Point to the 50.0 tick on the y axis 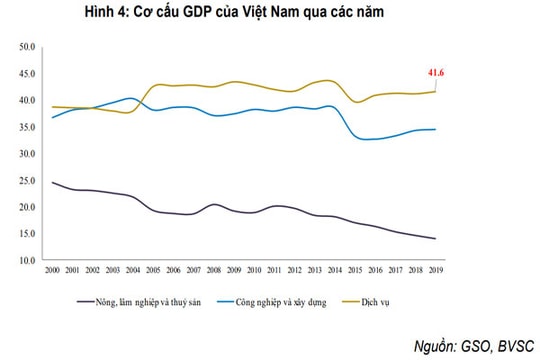pyautogui.click(x=27, y=48)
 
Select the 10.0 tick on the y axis pyautogui.click(x=27, y=260)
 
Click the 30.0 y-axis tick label pyautogui.click(x=27, y=154)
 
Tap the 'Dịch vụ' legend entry pyautogui.click(x=404, y=299)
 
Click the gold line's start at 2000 pyautogui.click(x=53, y=106)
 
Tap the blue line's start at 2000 pyautogui.click(x=53, y=118)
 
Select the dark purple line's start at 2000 pyautogui.click(x=53, y=183)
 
